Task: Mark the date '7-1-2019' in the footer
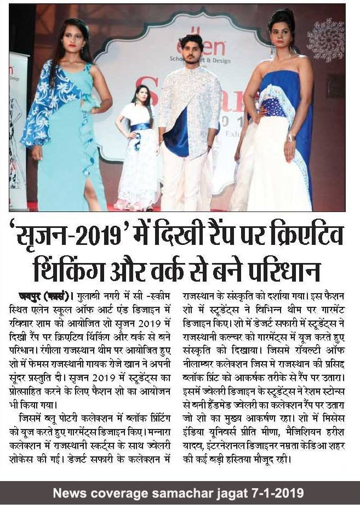click(279, 493)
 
